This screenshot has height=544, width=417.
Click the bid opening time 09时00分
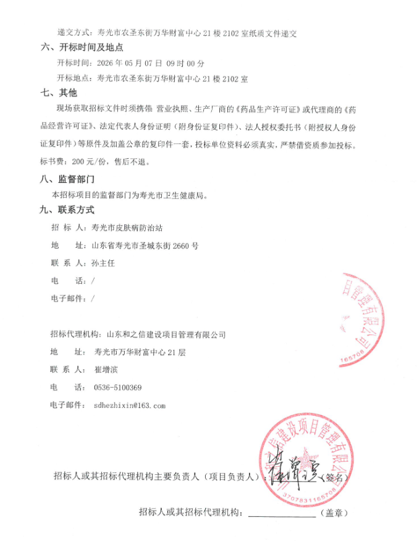(x=184, y=63)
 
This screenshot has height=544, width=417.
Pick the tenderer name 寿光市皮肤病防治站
(x=127, y=227)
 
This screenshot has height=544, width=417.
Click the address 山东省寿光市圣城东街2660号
(x=145, y=245)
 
